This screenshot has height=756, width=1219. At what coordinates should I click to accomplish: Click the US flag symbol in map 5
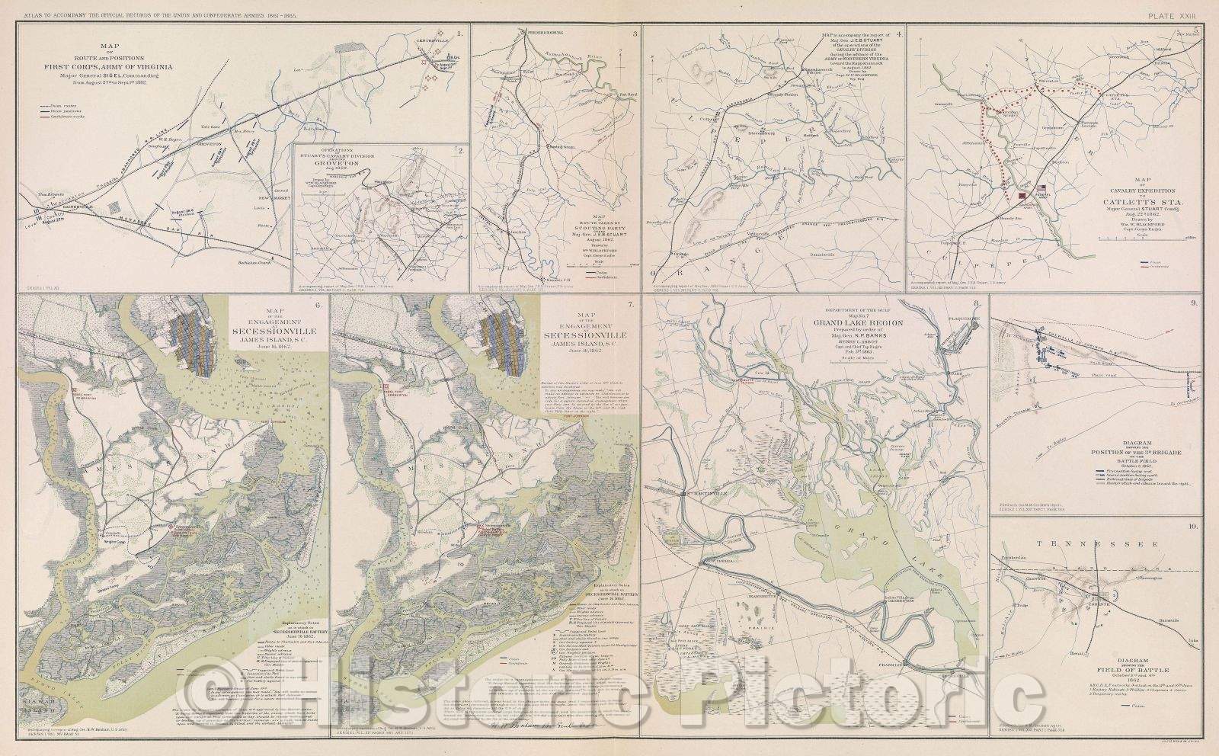coord(1040,189)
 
